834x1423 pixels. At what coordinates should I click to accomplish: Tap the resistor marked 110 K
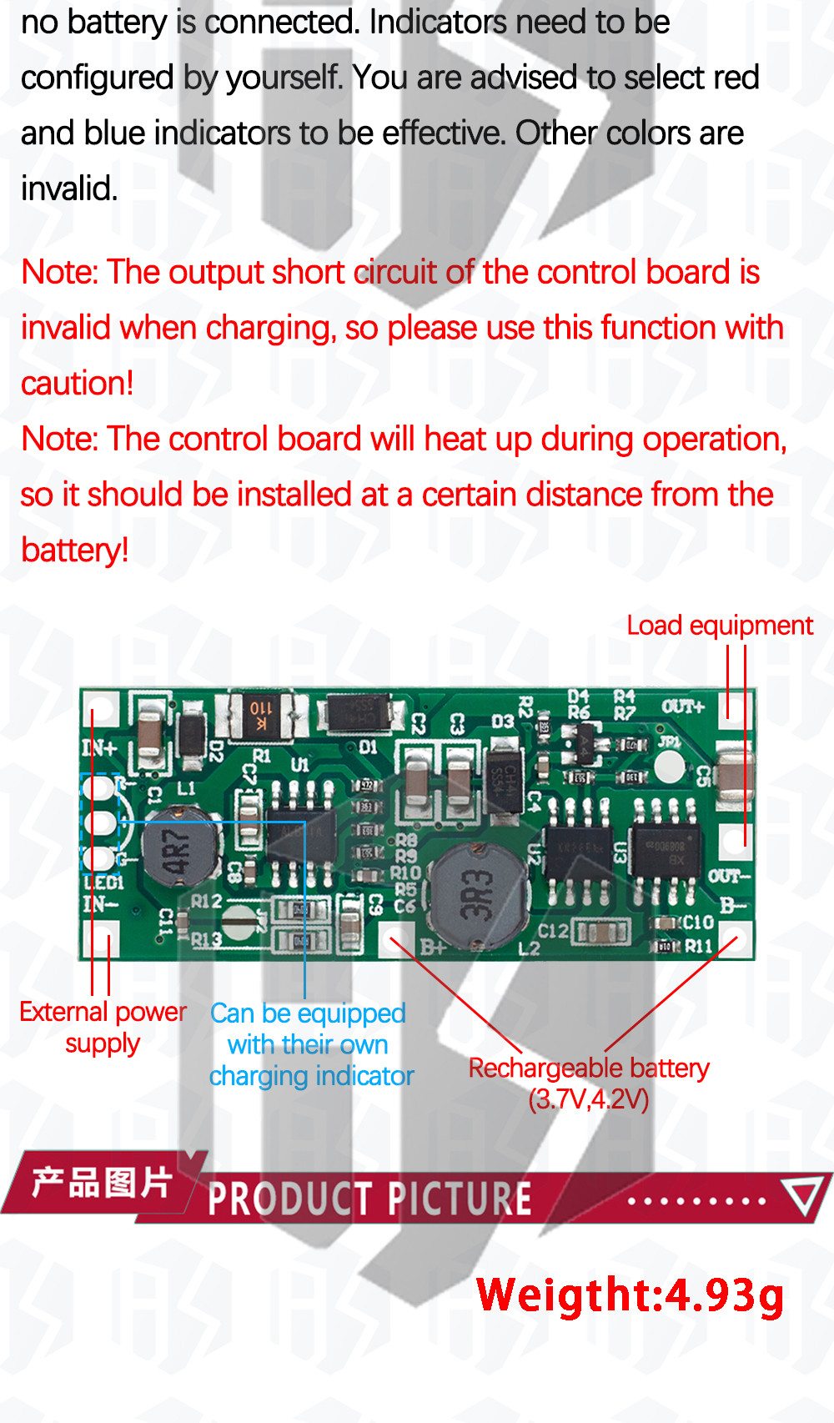[261, 716]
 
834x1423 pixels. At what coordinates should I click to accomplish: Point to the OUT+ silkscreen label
[683, 706]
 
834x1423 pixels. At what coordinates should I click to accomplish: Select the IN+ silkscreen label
[99, 747]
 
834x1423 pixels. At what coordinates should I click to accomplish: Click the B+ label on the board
[433, 948]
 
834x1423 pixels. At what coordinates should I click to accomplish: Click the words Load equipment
[719, 626]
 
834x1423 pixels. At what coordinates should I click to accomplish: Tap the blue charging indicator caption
[310, 1044]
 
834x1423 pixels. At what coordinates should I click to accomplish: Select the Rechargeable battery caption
[588, 1082]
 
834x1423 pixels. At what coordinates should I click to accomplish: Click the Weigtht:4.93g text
[630, 1295]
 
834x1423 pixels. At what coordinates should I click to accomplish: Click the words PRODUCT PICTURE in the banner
[369, 1199]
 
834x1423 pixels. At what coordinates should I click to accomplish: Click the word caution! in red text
[77, 384]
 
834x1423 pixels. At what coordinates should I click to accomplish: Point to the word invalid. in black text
[68, 189]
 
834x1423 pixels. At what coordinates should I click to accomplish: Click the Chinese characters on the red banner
[102, 1183]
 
